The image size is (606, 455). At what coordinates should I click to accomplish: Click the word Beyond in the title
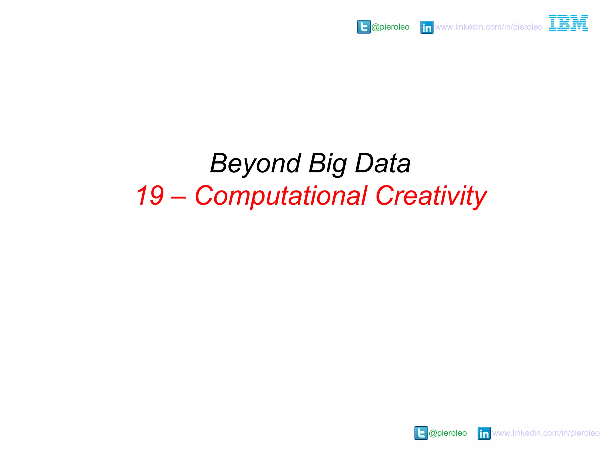[255, 164]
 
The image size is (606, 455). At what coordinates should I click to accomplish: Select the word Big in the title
[327, 164]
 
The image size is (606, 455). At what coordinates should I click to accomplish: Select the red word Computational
[281, 196]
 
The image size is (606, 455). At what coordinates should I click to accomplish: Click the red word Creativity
[431, 196]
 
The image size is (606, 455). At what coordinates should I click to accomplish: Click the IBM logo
[568, 23]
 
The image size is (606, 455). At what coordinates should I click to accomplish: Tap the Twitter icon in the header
[364, 27]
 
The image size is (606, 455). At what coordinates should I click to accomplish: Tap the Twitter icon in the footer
[421, 433]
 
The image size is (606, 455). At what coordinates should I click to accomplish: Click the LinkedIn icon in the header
[427, 27]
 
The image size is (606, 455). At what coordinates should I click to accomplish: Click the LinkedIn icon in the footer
[484, 433]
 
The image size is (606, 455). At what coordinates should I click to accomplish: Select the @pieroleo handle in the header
[390, 27]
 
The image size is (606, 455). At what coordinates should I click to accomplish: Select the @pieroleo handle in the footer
[448, 433]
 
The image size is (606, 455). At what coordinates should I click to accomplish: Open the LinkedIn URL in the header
[489, 27]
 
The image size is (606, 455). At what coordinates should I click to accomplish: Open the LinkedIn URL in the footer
[546, 433]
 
